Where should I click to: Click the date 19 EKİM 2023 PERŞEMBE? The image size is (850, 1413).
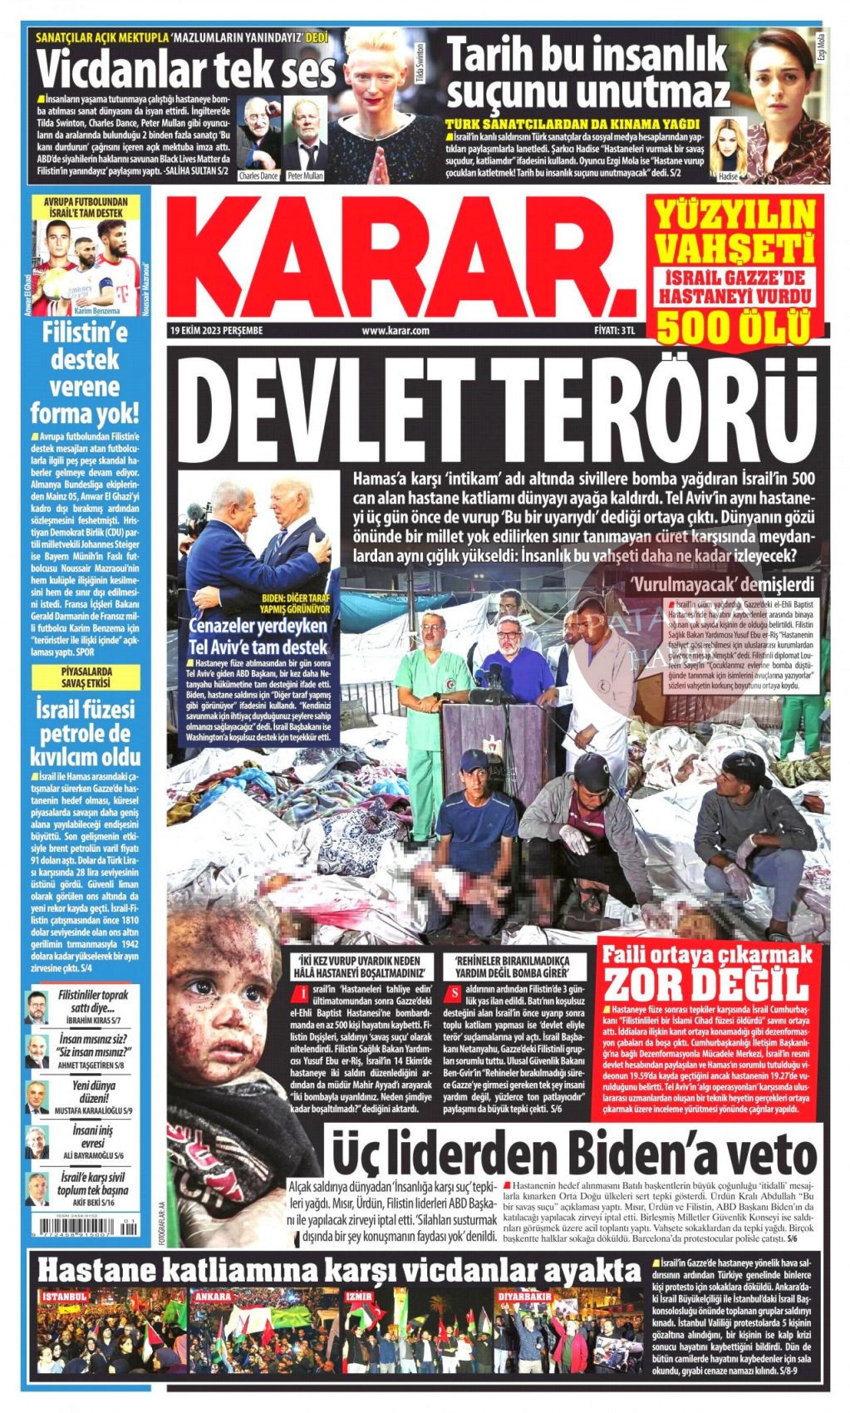tap(216, 330)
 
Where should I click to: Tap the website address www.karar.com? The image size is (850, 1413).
tap(396, 330)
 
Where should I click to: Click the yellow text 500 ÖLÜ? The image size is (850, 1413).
tap(734, 325)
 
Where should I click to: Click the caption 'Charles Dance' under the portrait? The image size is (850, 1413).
tap(258, 176)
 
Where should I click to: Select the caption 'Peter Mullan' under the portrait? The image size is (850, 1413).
tap(305, 176)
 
